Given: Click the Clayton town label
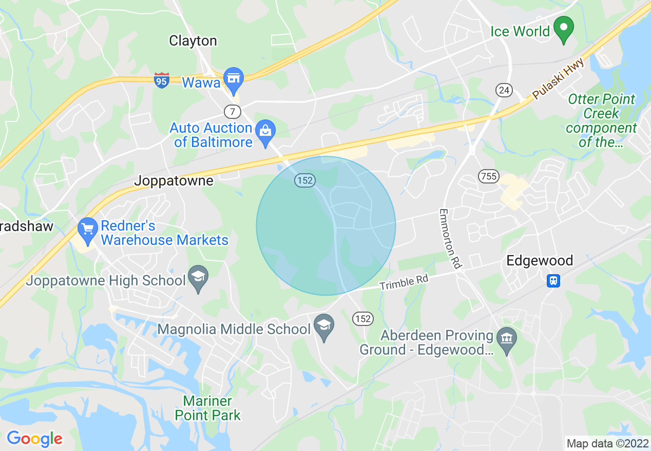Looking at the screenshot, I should point(193,41).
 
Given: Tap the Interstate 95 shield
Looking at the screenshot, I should point(162,80).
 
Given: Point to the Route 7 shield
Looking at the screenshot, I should point(232,111).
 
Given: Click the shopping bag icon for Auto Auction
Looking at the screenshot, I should point(265,131).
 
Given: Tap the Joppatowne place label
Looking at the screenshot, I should point(174,181).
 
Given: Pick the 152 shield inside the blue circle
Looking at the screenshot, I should point(304,180).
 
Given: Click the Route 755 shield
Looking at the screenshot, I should point(488,176).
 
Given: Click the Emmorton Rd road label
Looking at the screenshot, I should point(450,239).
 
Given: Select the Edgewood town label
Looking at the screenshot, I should point(540,261).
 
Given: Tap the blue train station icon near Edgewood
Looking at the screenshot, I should point(553,281).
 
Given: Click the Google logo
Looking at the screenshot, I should point(34,439).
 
